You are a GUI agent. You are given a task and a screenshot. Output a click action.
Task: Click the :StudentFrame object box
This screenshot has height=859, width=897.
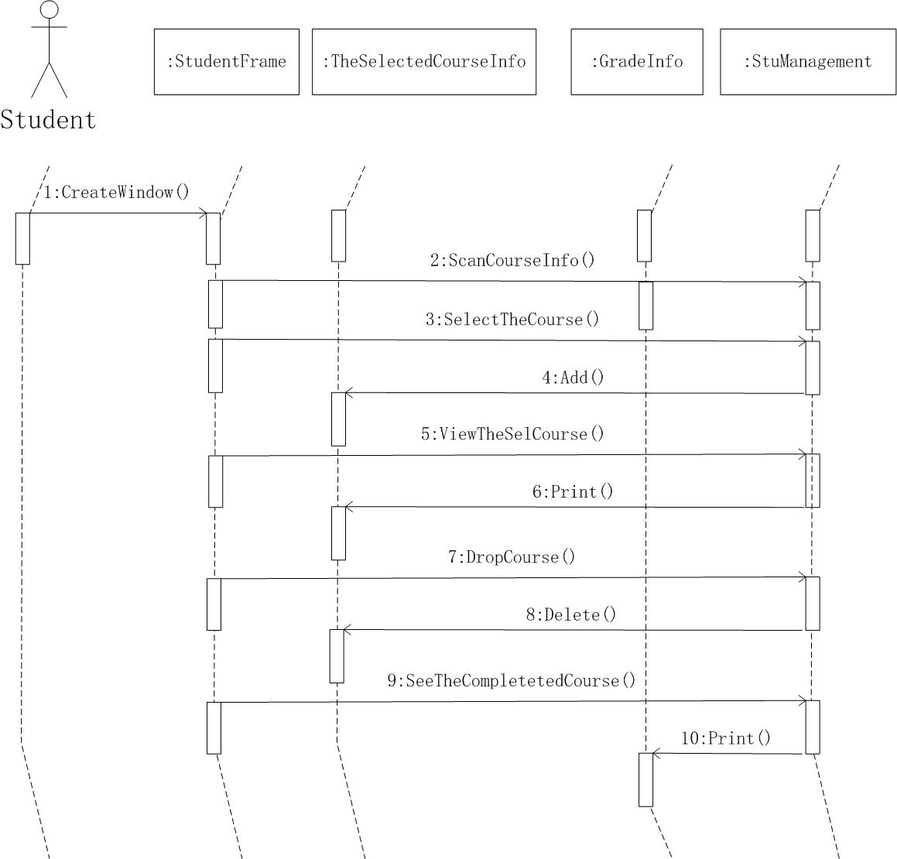tap(226, 62)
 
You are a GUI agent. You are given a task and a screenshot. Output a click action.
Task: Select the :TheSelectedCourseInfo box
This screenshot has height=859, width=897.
tap(424, 62)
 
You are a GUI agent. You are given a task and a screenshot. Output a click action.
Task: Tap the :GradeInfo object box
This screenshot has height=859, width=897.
tap(637, 62)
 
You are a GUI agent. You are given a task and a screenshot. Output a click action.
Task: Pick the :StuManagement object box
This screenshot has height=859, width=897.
tap(808, 62)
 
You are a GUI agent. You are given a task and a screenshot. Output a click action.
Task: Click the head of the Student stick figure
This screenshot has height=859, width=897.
tap(50, 10)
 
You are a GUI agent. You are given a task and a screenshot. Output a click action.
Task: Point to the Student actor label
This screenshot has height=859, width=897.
tap(48, 120)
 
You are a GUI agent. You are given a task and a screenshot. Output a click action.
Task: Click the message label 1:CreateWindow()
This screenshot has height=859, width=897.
tap(116, 192)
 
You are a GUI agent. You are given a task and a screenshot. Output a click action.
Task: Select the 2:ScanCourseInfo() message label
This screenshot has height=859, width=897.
tap(513, 260)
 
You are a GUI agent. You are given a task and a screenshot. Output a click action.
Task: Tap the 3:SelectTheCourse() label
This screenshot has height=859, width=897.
tap(512, 319)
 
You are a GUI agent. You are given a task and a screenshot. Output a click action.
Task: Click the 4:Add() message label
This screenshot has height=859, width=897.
tap(573, 378)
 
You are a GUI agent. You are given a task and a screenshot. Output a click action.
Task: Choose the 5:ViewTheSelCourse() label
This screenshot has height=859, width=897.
tap(512, 433)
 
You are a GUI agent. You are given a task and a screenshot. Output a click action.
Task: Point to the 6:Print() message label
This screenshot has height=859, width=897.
tap(573, 491)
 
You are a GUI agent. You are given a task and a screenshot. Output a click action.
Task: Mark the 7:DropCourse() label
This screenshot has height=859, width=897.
tap(512, 557)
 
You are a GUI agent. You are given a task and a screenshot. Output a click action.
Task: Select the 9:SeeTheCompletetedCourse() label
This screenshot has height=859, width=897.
tap(512, 680)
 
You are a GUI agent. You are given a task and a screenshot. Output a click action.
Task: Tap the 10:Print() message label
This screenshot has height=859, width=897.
tap(726, 738)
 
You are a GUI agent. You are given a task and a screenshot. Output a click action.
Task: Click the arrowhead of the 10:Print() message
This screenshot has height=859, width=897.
tap(655, 753)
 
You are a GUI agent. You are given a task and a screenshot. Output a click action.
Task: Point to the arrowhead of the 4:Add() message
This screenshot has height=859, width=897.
tap(348, 393)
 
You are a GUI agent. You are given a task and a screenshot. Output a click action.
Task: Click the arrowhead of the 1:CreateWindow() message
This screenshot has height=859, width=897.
tap(203, 214)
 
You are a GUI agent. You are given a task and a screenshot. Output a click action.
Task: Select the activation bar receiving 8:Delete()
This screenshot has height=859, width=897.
tap(337, 656)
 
